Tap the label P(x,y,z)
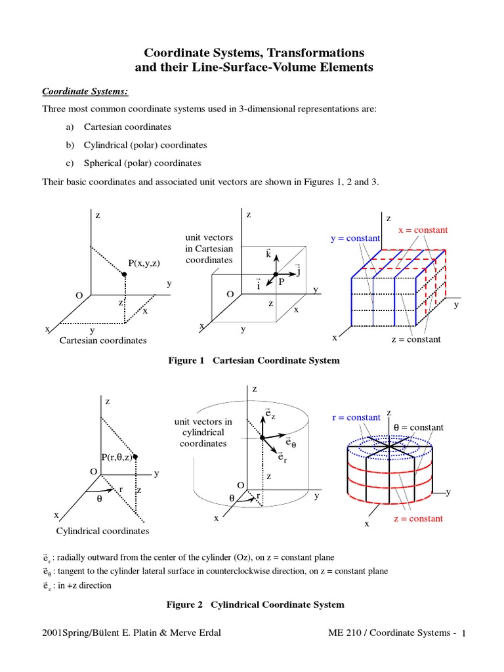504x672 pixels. pyautogui.click(x=144, y=262)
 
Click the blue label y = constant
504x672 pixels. pyautogui.click(x=355, y=238)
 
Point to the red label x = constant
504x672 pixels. pyautogui.click(x=423, y=230)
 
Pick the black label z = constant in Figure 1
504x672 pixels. pyautogui.click(x=416, y=339)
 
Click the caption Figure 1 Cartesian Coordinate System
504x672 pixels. pyautogui.click(x=254, y=361)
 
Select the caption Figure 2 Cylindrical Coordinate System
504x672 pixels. pyautogui.click(x=255, y=604)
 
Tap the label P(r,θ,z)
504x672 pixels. pyautogui.click(x=119, y=457)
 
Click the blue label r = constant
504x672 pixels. pyautogui.click(x=356, y=417)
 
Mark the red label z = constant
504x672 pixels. pyautogui.click(x=418, y=518)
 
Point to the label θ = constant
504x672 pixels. pyautogui.click(x=418, y=427)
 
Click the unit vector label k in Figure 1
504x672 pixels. pyautogui.click(x=269, y=253)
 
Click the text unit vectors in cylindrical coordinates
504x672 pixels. pyautogui.click(x=203, y=432)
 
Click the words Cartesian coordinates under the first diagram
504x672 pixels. pyautogui.click(x=103, y=341)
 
